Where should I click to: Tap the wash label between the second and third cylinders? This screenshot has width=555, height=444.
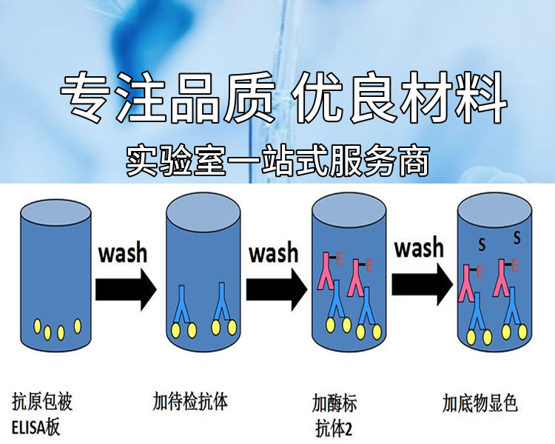pos(273,252)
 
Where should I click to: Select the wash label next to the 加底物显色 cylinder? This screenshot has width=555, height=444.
pos(419,247)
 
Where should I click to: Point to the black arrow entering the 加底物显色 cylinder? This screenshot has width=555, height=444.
pos(423,284)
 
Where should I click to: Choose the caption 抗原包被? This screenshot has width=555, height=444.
pos(42,403)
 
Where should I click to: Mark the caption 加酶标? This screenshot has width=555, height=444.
pos(334,404)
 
